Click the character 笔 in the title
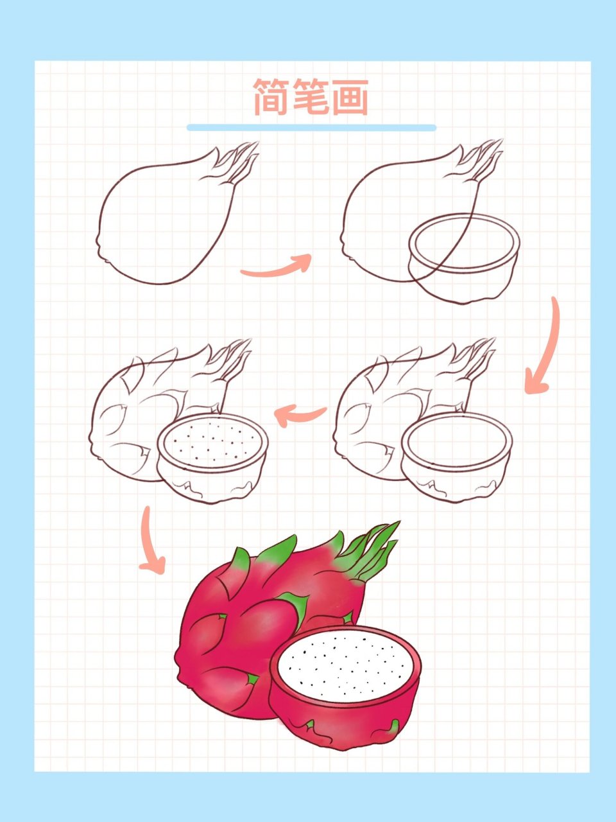click(x=311, y=97)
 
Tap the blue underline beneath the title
click(x=312, y=128)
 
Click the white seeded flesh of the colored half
click(x=345, y=664)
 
